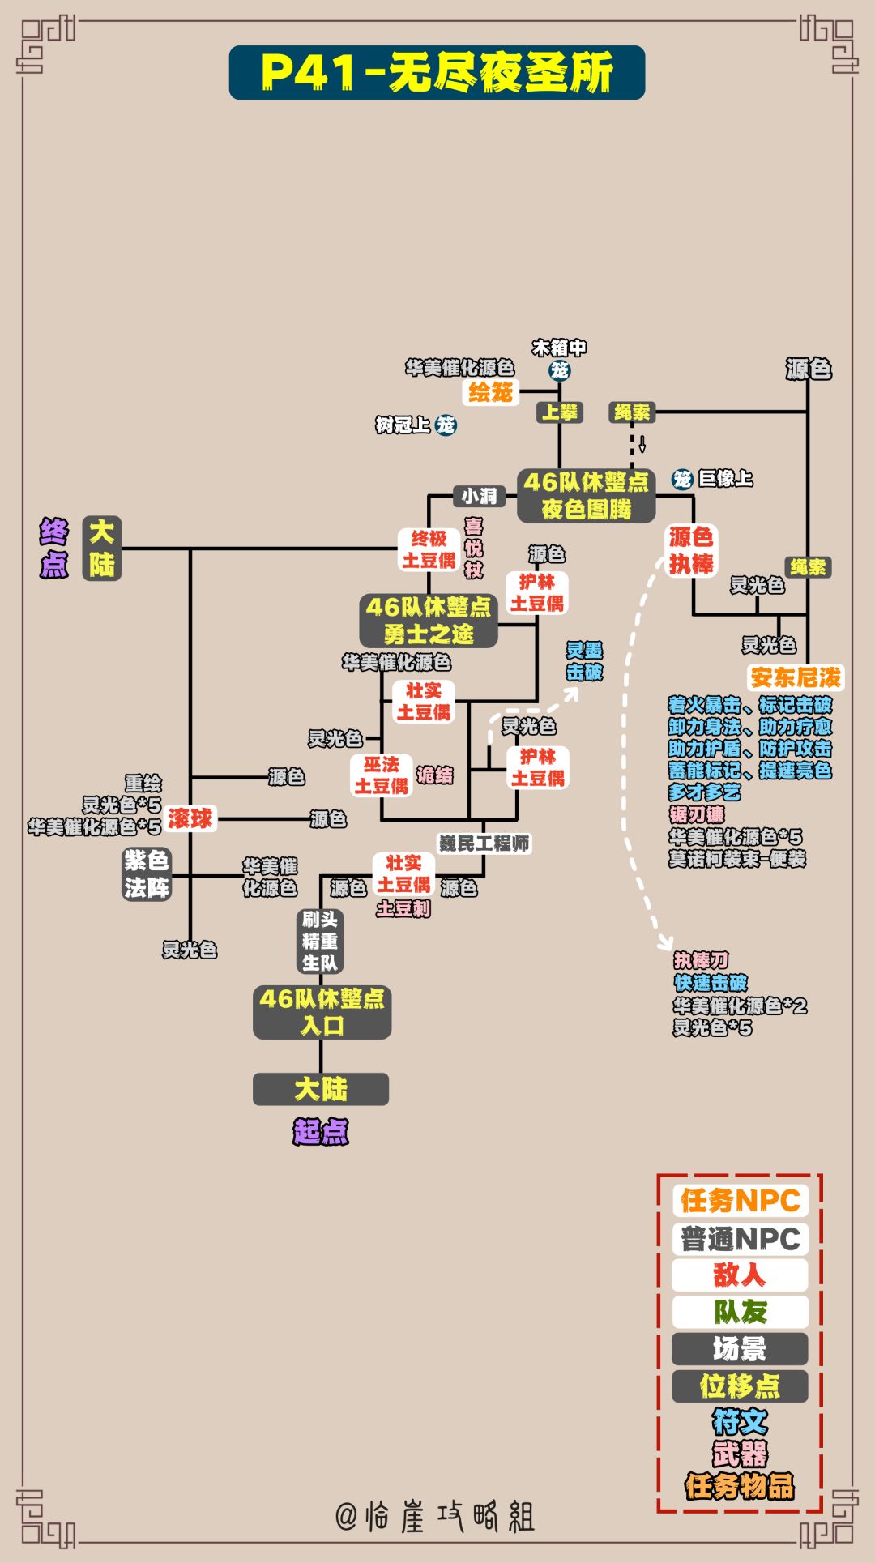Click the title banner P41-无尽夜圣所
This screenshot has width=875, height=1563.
[x=437, y=73]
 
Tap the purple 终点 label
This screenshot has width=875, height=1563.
[x=54, y=549]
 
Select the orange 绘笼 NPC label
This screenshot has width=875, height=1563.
[x=491, y=392]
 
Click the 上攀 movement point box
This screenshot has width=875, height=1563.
[x=560, y=412]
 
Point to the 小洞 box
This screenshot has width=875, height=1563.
[x=479, y=496]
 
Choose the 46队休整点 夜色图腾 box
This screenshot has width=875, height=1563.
[x=586, y=495]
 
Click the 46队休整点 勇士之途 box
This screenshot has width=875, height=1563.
[x=429, y=621]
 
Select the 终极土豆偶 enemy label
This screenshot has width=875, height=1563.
[x=429, y=549]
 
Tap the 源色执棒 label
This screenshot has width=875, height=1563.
[x=691, y=550]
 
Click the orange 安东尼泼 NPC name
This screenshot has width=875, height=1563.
[x=796, y=677]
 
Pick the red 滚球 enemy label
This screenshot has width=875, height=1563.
[x=190, y=818]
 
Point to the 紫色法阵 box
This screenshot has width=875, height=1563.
[x=147, y=874]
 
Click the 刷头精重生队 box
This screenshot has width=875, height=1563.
[x=320, y=941]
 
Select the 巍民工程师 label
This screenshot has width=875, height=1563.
[x=484, y=843]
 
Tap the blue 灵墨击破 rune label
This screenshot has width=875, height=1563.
[x=584, y=661]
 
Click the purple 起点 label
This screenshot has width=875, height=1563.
[x=321, y=1131]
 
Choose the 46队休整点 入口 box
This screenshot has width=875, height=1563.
[x=322, y=1012]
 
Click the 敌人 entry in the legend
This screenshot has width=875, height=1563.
[x=739, y=1275]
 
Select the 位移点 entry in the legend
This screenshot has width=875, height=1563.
[x=739, y=1386]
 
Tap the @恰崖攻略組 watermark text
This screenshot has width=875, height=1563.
[x=435, y=1516]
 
